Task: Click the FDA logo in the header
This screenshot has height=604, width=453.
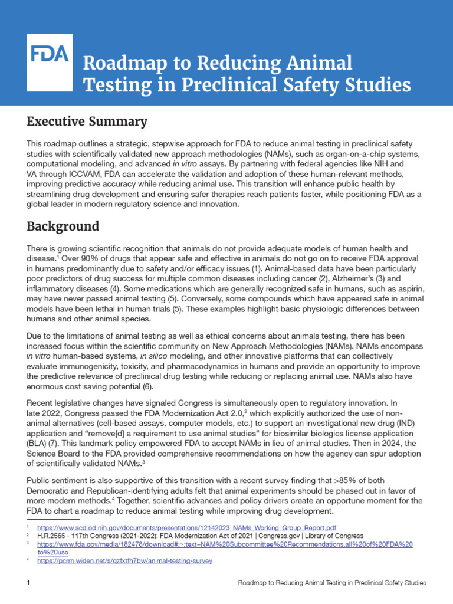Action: [x=50, y=56]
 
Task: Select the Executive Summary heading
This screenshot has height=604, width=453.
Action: [x=87, y=122]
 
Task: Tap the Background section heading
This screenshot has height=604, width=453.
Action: [x=64, y=226]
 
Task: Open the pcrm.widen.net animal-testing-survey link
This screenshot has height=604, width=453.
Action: [x=124, y=561]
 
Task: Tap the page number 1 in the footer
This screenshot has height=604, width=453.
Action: [x=28, y=583]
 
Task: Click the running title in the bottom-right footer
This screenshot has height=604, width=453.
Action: [x=331, y=583]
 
